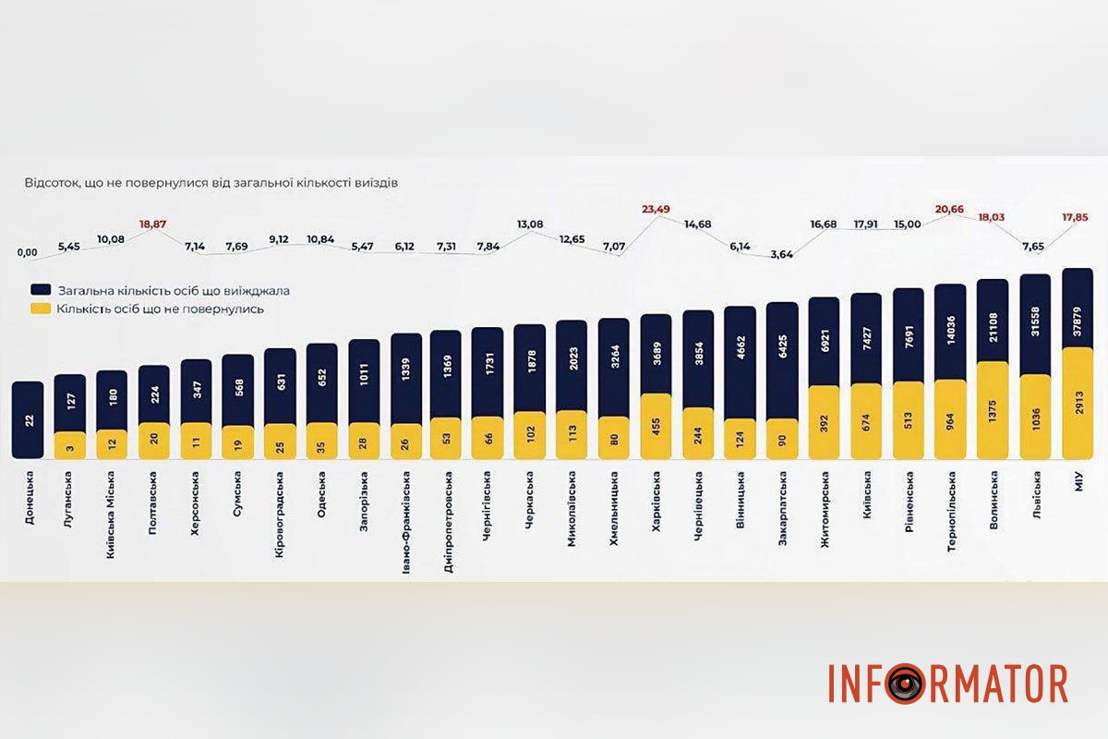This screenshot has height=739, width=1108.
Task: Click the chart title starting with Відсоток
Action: click(211, 183)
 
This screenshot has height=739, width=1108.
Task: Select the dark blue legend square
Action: click(39, 290)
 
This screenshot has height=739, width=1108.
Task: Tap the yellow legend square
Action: click(39, 309)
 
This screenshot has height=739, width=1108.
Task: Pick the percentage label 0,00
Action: click(28, 252)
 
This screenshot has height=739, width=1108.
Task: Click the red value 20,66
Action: click(950, 210)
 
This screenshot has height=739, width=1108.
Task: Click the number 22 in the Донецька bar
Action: click(28, 420)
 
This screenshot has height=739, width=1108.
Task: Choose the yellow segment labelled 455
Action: click(656, 426)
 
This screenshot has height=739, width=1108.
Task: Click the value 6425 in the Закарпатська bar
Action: click(782, 345)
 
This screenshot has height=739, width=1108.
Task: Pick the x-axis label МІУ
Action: click(1078, 481)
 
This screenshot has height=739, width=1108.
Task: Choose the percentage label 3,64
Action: click(781, 255)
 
